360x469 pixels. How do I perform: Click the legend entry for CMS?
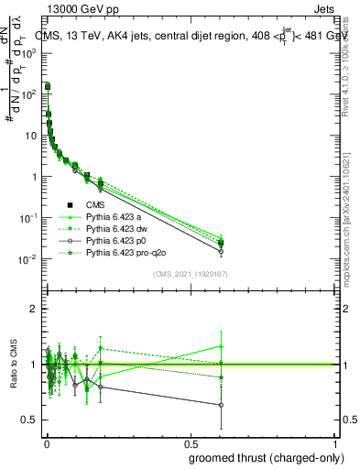96,204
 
